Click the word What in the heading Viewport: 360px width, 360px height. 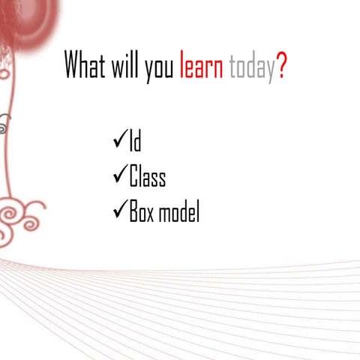click(x=85, y=67)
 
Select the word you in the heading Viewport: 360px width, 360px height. click(x=159, y=69)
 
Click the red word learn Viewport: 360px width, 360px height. click(x=202, y=67)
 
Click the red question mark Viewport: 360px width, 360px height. click(x=281, y=67)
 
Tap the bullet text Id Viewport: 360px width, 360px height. click(x=136, y=142)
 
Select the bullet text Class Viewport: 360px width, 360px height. click(x=147, y=178)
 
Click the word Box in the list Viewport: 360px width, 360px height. click(x=142, y=213)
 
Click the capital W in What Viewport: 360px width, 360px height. click(x=73, y=67)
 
